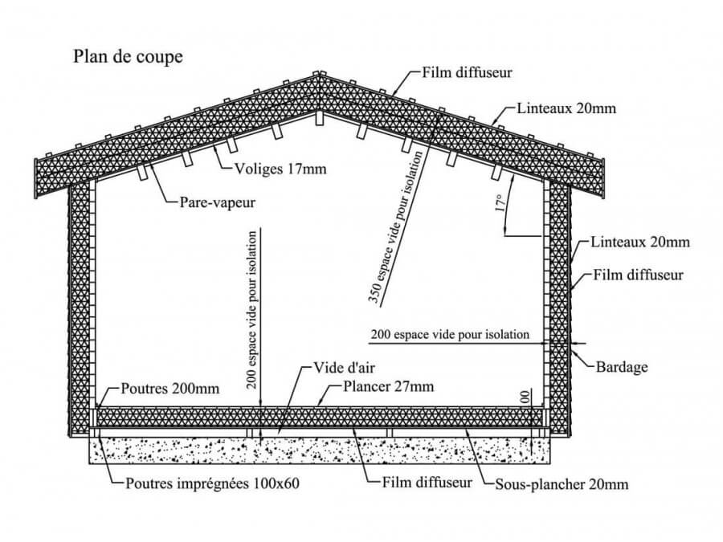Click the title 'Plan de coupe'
click(129, 57)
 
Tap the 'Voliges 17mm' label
click(280, 169)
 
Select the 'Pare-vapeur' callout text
click(217, 202)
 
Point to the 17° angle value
click(500, 203)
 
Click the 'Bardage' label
click(622, 367)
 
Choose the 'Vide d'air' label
click(344, 368)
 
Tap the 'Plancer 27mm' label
click(388, 386)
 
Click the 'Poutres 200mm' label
click(170, 389)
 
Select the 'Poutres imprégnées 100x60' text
click(213, 483)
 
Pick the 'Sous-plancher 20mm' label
click(562, 484)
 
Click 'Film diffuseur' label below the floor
click(427, 483)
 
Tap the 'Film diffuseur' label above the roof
click(467, 72)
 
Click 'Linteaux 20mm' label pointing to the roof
click(566, 108)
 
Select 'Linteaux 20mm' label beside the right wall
click(640, 242)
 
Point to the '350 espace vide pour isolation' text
click(395, 228)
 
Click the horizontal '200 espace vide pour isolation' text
click(450, 335)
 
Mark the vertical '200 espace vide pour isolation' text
click(251, 310)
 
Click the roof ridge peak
click(317, 74)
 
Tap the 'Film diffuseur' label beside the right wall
click(638, 275)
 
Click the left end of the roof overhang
click(36, 179)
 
